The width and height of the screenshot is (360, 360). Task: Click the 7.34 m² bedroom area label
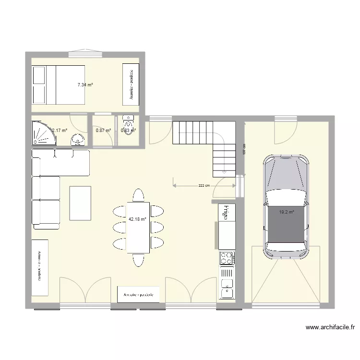click(85, 85)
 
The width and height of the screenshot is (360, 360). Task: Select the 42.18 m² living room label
click(137, 220)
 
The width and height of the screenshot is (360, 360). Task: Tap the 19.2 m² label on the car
click(286, 211)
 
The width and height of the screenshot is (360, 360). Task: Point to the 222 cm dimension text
click(204, 185)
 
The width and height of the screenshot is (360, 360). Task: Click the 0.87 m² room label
click(103, 130)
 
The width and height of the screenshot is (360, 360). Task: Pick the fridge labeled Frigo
click(224, 212)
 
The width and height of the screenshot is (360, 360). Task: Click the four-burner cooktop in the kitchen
click(227, 258)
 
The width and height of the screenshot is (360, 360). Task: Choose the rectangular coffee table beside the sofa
click(80, 203)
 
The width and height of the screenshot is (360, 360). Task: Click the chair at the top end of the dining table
click(138, 195)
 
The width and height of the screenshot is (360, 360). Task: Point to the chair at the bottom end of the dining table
click(138, 260)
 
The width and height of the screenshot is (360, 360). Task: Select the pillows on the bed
click(39, 85)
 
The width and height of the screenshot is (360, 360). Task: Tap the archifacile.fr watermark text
click(330, 328)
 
